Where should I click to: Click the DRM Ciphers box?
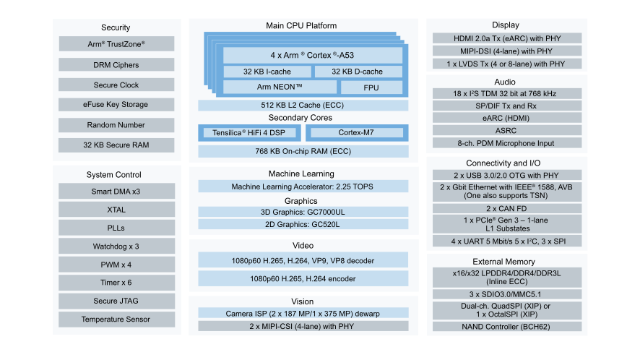click(x=116, y=65)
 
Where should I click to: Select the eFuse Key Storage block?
click(x=116, y=105)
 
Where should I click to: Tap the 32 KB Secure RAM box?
click(x=116, y=145)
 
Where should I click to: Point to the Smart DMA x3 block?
click(x=116, y=192)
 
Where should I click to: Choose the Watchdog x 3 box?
click(x=116, y=246)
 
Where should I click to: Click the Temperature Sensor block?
click(x=116, y=319)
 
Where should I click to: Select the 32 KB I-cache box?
click(x=267, y=72)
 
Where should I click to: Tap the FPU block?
click(x=371, y=87)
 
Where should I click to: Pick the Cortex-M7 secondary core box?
click(x=356, y=133)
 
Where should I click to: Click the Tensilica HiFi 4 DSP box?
click(x=248, y=133)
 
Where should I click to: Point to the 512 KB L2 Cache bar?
click(x=303, y=105)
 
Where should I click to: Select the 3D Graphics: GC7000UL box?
click(x=303, y=212)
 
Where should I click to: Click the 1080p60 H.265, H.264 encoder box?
click(x=303, y=278)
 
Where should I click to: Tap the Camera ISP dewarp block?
click(x=303, y=313)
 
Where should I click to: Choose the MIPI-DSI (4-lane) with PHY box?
click(x=506, y=51)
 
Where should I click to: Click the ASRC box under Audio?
click(x=506, y=130)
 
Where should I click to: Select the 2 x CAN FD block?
click(x=506, y=208)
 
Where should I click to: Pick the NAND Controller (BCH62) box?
click(x=506, y=326)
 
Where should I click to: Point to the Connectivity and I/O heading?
click(x=506, y=163)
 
